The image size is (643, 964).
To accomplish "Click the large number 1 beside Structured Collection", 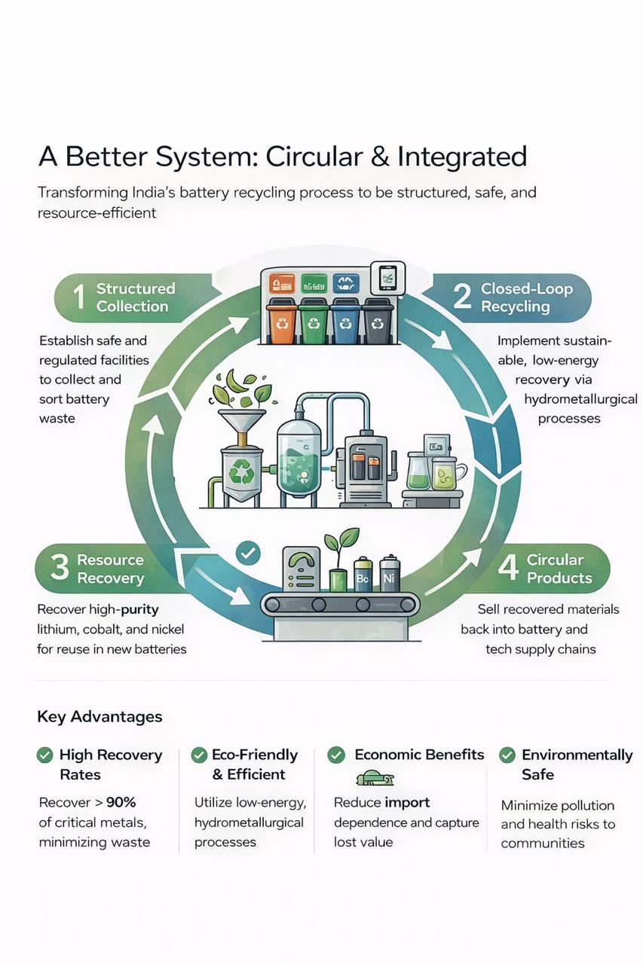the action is coord(78,297).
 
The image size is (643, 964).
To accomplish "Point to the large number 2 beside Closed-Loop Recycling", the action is coord(461,297).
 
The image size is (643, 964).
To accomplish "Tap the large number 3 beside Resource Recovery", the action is coord(60,567).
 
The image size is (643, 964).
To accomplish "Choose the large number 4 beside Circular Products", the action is coord(508,567).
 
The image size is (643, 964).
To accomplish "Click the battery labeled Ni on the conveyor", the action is coord(389,572).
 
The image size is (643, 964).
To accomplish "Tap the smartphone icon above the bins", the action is coord(387,278).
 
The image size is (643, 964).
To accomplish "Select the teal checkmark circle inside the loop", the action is coord(249,553).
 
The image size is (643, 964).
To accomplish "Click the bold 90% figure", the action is coord(121,802).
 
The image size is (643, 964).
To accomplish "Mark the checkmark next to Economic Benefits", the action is coord(336,755).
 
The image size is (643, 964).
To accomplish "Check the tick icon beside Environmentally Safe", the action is coord(507,755).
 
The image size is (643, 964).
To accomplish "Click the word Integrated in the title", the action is coord(462,156).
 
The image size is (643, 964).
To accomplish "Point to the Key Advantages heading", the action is coord(100,716).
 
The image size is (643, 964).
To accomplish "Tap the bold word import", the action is coord(407,803).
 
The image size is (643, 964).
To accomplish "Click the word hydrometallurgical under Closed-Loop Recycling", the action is coord(581,399).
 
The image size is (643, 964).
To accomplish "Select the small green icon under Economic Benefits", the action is coord(375,779).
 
